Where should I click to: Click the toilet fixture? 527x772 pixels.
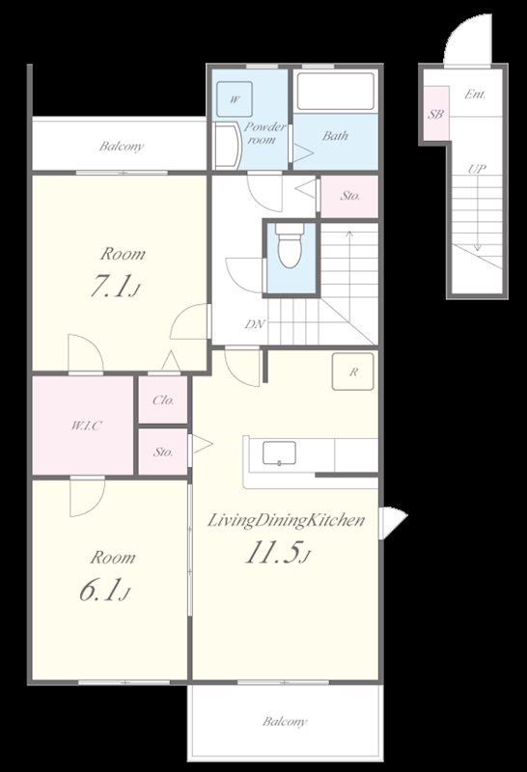pos(290,246)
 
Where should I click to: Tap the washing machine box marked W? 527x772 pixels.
pos(235,99)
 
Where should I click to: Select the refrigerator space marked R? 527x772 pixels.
pos(352,372)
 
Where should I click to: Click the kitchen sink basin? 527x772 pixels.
pos(279,453)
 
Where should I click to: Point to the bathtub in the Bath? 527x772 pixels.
pos(336,91)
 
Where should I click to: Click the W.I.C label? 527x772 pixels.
pos(86,426)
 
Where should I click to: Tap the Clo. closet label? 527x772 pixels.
pos(163,400)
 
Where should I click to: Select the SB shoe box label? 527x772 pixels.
pos(435,115)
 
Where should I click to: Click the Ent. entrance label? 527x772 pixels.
pos(475,94)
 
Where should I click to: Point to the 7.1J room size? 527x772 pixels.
pos(115,287)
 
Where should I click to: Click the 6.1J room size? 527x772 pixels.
pos(105,591)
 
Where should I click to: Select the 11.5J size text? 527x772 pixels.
pos(278,553)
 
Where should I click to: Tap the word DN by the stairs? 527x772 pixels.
pos(255,324)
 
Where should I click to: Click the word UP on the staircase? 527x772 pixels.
pos(476,170)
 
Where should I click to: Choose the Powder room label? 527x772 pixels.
pos(264,133)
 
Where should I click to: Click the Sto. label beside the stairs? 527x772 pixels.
pos(349,196)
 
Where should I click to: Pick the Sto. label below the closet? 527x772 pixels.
pos(162,452)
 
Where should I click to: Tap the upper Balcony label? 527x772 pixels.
pos(122,147)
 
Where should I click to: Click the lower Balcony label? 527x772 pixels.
pos(285,722)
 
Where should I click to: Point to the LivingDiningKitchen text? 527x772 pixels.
pos(286,520)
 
